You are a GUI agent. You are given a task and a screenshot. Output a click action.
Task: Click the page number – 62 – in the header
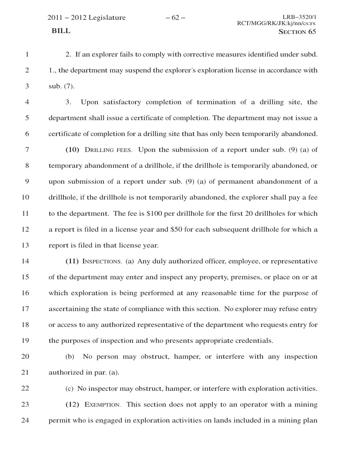[x=176, y=18]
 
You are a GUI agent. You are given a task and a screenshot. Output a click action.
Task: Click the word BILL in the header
[x=61, y=31]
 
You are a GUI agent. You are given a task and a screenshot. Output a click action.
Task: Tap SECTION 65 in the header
[x=297, y=32]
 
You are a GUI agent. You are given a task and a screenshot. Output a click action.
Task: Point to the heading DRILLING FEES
[x=108, y=150]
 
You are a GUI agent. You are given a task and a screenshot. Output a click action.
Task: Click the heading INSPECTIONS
[x=103, y=261]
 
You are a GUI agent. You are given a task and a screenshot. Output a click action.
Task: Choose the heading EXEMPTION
[x=103, y=405]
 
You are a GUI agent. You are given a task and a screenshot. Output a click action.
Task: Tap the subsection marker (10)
[x=72, y=150]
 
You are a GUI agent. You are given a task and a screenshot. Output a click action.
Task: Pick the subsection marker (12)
[x=72, y=405]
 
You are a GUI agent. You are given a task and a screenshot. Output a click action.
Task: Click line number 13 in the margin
[x=25, y=246]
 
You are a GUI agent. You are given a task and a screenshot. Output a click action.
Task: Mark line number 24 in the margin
[x=25, y=420]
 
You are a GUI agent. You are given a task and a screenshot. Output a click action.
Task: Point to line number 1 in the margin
[x=27, y=55]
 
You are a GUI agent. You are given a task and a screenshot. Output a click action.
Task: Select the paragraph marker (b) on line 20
[x=70, y=357]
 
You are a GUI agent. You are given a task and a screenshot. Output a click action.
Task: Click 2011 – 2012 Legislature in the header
[x=87, y=18]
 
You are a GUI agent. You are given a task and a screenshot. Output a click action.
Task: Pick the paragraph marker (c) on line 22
[x=69, y=389]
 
